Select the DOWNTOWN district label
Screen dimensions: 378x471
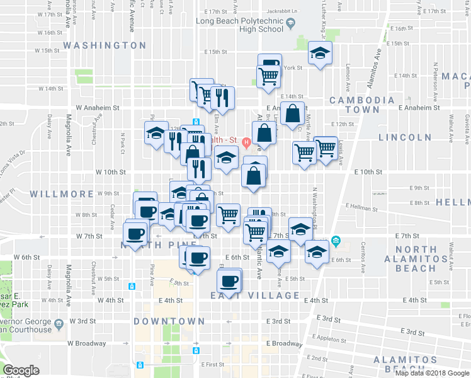click(169, 321)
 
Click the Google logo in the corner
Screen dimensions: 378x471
click(21, 370)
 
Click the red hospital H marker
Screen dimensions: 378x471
click(246, 142)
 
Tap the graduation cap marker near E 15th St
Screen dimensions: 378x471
click(320, 54)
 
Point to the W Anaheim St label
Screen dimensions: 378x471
click(98, 108)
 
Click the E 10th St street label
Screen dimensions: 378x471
click(368, 171)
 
